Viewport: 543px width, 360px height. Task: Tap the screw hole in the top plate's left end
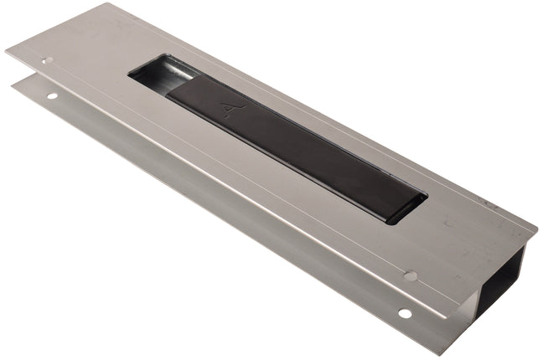[47, 60]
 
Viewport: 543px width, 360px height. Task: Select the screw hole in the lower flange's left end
[52, 96]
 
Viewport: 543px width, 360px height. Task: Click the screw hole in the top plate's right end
[411, 275]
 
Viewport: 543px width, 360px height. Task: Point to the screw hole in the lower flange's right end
[405, 313]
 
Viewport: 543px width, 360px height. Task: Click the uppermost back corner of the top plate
[109, 4]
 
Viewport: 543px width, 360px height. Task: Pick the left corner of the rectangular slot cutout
[129, 75]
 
